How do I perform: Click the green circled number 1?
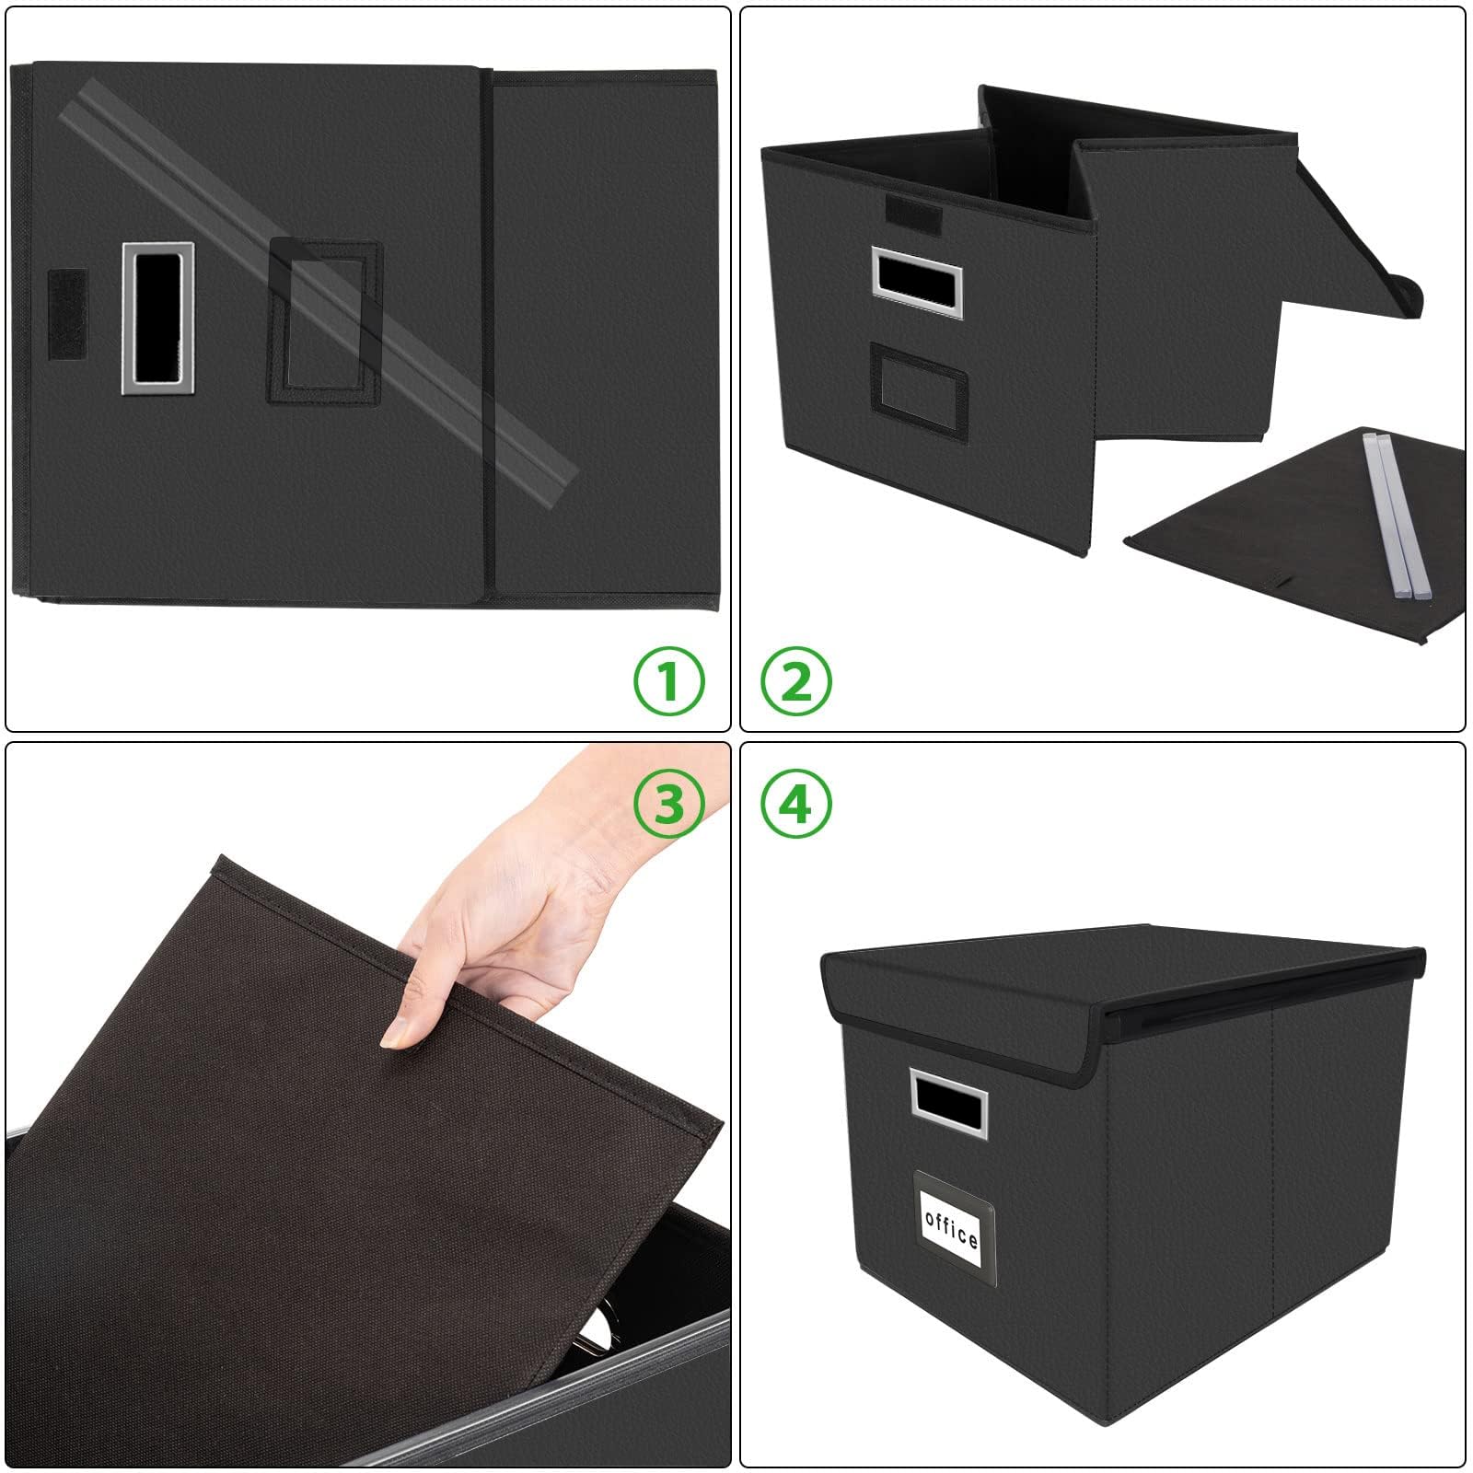(668, 682)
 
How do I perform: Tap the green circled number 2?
(796, 682)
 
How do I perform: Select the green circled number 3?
(668, 803)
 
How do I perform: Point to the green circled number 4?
(796, 803)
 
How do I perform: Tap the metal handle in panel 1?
(157, 319)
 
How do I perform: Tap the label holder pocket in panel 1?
(324, 322)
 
